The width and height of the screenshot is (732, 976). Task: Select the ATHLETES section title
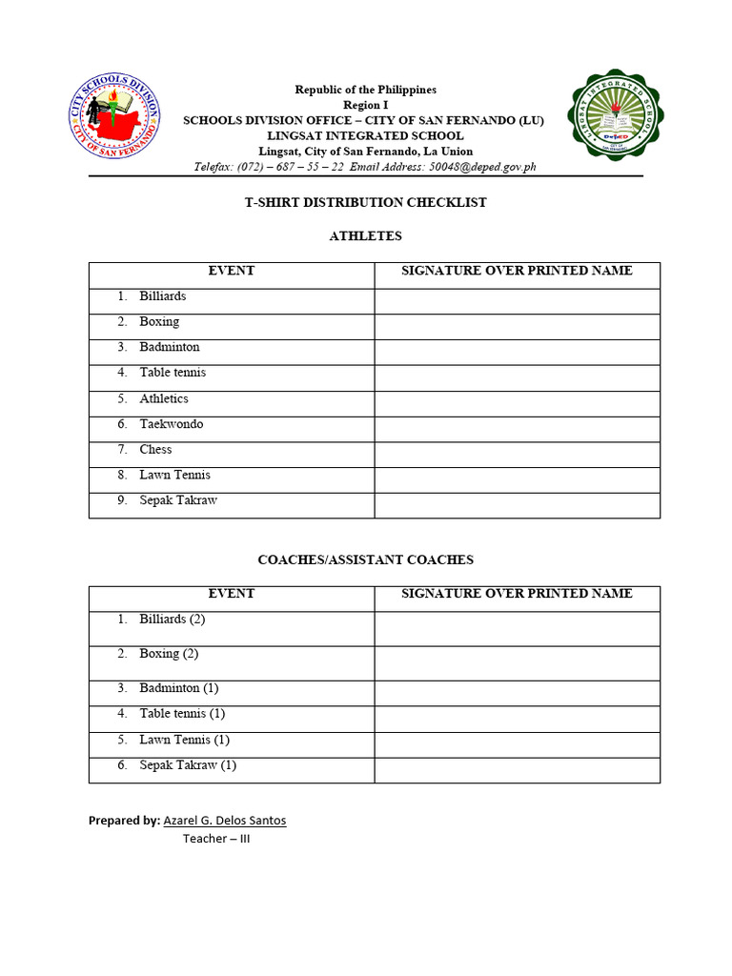pos(366,235)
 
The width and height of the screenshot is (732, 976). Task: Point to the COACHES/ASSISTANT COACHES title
pos(366,559)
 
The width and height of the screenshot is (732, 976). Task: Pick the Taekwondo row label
pos(171,424)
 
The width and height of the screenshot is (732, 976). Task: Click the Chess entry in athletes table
pos(155,449)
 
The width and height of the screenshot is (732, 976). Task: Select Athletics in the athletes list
pos(164,398)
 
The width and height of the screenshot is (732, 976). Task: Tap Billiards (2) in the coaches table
pos(172,619)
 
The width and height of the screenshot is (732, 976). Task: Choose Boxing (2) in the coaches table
pos(169,653)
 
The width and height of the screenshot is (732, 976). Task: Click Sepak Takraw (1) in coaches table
pos(188,764)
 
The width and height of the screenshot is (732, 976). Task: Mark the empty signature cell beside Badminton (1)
pos(517,693)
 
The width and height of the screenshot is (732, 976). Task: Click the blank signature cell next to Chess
pos(517,455)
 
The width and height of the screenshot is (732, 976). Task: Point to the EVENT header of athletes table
pos(232,271)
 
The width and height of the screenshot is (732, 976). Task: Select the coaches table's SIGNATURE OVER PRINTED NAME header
pos(517,593)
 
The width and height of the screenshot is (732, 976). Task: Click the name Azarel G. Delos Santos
pos(225,820)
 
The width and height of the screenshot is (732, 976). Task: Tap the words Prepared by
pos(124,820)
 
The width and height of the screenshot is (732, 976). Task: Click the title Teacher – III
pos(216,839)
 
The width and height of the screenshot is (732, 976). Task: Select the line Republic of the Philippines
pos(366,90)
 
